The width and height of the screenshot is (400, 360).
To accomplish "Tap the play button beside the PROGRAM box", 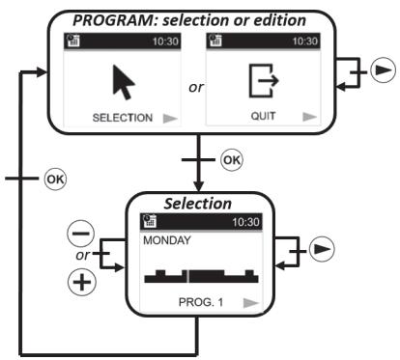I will pos(380,72).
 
